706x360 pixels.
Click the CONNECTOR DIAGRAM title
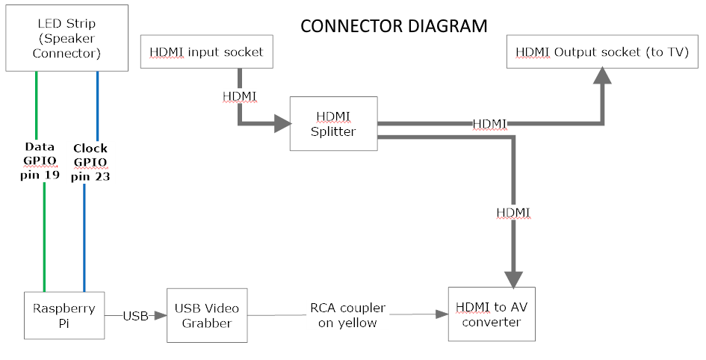pos(393,26)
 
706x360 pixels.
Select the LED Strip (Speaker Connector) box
pos(65,38)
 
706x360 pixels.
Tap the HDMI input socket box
pos(206,53)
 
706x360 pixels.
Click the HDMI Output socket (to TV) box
pos(601,52)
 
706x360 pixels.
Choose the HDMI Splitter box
pos(333,124)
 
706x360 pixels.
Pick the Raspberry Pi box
pos(64,316)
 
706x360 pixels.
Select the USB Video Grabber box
pos(206,316)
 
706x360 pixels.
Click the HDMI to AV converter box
pos(491,314)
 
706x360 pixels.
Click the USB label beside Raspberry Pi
pos(136,316)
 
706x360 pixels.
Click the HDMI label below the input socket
pos(240,96)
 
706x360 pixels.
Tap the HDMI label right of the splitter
pos(489,123)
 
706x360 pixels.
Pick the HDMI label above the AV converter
pos(513,213)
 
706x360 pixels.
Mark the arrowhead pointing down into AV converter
pos(513,279)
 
